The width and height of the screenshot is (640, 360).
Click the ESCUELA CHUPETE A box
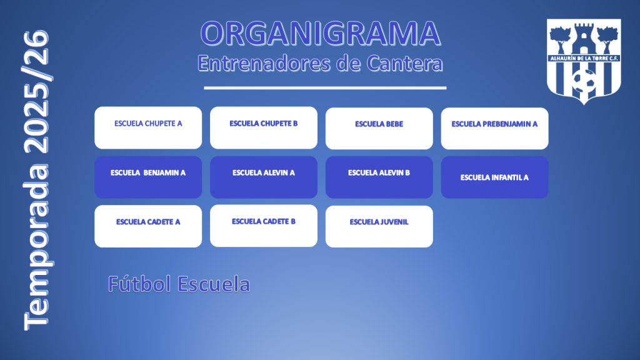click(x=148, y=127)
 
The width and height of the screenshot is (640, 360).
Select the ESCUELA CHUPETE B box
click(x=264, y=127)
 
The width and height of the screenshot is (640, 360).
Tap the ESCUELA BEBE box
click(x=379, y=129)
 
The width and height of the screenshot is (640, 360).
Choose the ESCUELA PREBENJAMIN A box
click(x=495, y=129)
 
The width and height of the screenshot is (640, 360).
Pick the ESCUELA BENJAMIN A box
click(x=148, y=177)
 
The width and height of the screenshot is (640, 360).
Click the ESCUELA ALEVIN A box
click(x=264, y=177)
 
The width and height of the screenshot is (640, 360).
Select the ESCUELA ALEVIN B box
click(x=379, y=177)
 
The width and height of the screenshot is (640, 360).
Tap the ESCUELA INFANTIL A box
click(x=495, y=177)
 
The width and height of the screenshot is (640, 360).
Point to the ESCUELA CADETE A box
click(x=148, y=226)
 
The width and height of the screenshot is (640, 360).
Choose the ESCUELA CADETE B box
click(x=264, y=226)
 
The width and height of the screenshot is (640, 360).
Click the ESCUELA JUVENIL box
click(x=379, y=226)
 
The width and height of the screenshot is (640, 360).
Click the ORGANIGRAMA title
click(x=321, y=34)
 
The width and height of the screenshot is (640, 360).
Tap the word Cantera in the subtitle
click(x=404, y=63)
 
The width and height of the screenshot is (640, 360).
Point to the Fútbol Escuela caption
click(x=179, y=284)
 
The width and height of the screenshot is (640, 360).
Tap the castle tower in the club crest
click(x=584, y=38)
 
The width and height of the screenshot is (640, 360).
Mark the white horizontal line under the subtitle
click(x=325, y=87)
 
